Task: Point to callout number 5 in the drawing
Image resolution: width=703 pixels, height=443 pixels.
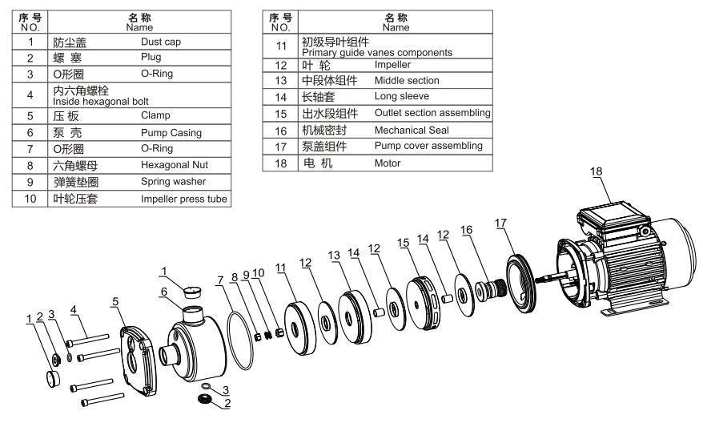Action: (116, 300)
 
